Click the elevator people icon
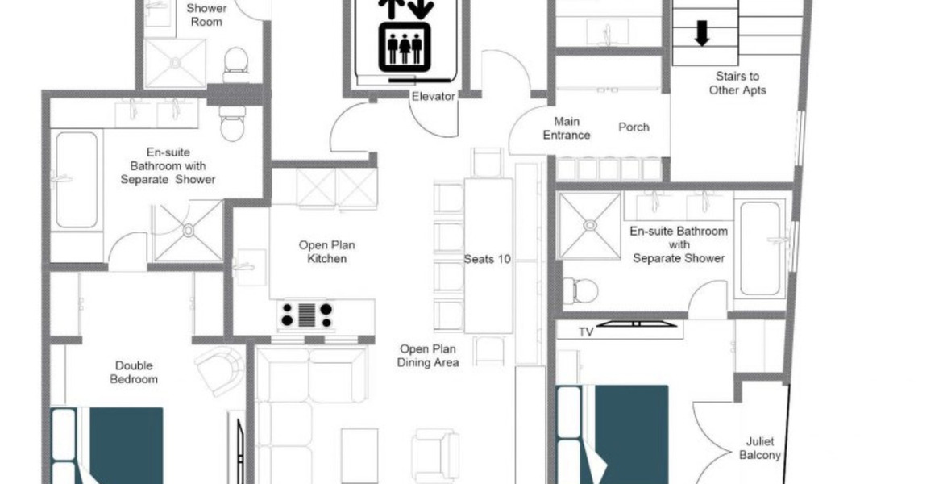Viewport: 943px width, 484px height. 405,48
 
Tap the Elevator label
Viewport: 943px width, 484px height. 433,96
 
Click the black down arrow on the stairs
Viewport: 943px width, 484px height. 702,33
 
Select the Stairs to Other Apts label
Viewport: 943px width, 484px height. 737,83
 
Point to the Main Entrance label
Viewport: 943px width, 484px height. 566,128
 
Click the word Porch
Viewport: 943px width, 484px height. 634,127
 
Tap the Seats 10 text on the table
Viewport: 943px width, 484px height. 487,259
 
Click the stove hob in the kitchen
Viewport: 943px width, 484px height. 307,315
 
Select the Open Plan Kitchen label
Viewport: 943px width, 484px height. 326,252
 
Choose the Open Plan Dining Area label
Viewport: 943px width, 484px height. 428,356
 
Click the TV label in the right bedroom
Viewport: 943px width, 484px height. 586,332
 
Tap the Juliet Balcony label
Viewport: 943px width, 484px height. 759,449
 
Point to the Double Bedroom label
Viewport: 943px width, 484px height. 134,372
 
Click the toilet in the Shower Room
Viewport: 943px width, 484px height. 235,65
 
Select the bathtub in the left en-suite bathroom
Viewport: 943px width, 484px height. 77,180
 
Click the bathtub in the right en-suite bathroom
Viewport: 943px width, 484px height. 759,248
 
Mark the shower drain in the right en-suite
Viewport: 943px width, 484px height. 590,225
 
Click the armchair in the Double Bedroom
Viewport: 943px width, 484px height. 220,371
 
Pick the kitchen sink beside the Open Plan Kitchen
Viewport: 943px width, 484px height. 250,267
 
